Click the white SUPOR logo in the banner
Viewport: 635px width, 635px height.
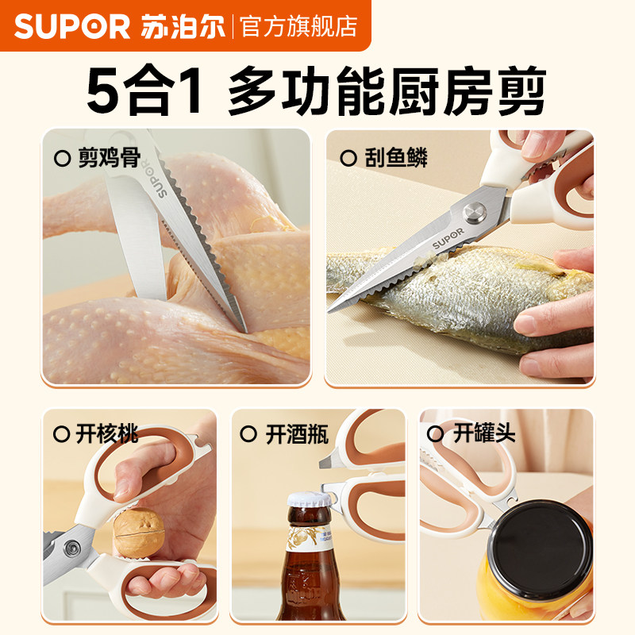72,27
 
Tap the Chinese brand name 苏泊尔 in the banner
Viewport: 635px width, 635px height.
183,27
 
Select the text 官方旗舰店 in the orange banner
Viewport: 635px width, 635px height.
299,27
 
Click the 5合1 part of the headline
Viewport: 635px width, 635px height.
144,90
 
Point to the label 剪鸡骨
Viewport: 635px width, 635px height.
110,157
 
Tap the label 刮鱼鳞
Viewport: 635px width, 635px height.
396,157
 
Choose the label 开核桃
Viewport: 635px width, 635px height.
107,434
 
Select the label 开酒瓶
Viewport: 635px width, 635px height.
297,434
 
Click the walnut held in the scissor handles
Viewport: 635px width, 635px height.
138,532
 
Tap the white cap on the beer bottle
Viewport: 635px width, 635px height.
309,499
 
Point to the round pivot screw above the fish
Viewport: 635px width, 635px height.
475,212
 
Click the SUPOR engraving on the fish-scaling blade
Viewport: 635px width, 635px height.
448,239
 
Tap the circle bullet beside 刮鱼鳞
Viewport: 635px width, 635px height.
348,158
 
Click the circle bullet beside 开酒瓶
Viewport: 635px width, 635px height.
248,434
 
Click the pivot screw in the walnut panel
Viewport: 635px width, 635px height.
72,548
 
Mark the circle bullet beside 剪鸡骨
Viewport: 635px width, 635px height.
62,158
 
